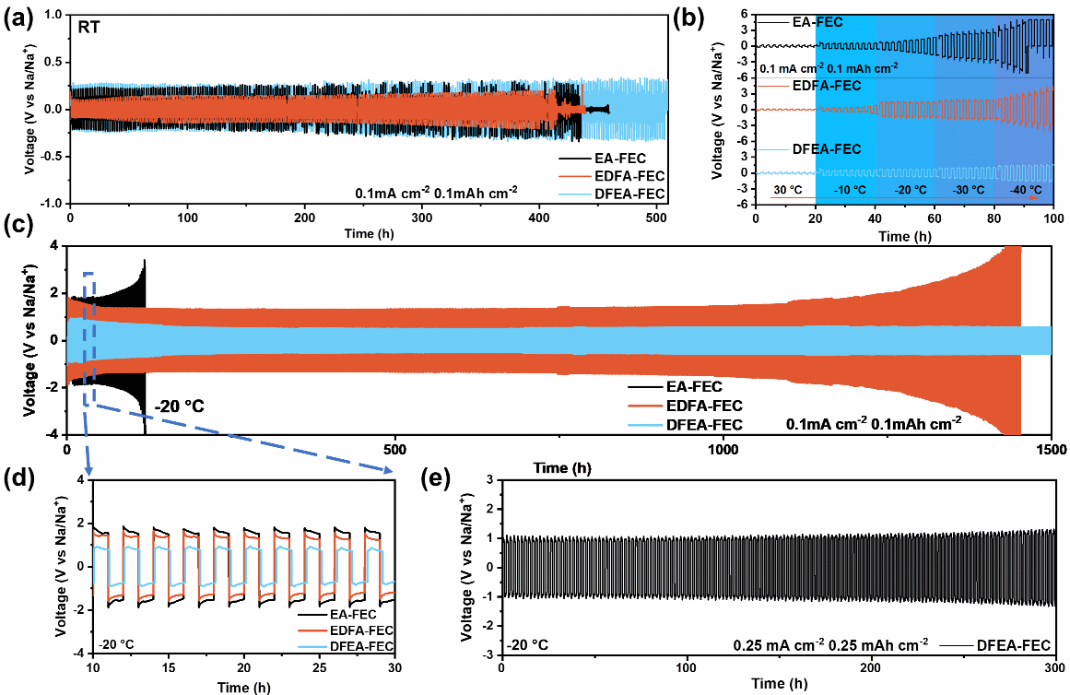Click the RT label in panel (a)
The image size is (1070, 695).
pos(90,28)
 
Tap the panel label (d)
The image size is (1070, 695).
pos(18,477)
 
